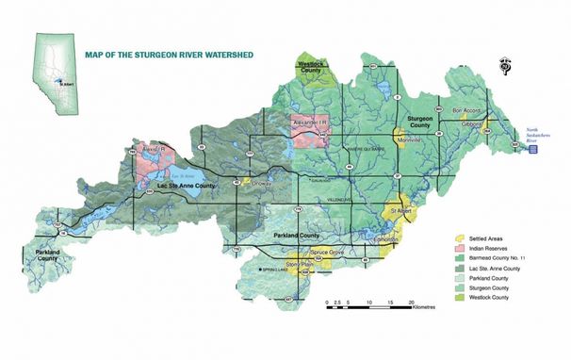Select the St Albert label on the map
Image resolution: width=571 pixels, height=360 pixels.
point(402,213)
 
